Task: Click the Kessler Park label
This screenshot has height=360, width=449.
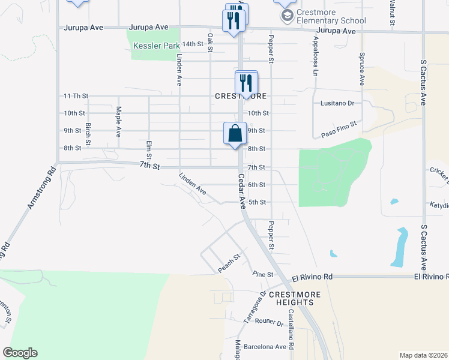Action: pos(155,46)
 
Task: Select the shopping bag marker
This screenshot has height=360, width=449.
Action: pos(235,133)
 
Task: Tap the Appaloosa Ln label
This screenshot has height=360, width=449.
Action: pos(314,58)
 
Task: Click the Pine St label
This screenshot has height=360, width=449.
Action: pos(263,275)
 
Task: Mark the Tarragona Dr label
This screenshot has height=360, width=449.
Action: pos(255,308)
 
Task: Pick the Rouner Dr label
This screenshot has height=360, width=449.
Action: pos(268,323)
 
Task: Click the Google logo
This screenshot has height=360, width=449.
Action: pos(20,353)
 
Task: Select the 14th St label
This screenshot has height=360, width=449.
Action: pos(193,44)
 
